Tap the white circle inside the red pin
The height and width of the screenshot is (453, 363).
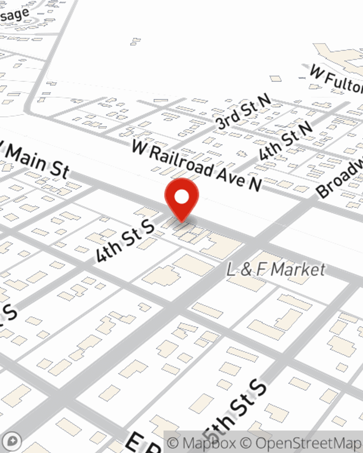coord(181,197)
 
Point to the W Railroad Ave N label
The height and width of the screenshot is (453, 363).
coord(196,165)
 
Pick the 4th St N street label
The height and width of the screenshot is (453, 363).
coord(285,141)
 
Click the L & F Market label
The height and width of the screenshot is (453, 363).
coord(276,270)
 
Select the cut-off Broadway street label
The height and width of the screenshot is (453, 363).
coord(340,178)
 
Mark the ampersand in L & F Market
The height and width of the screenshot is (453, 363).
coord(246,270)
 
